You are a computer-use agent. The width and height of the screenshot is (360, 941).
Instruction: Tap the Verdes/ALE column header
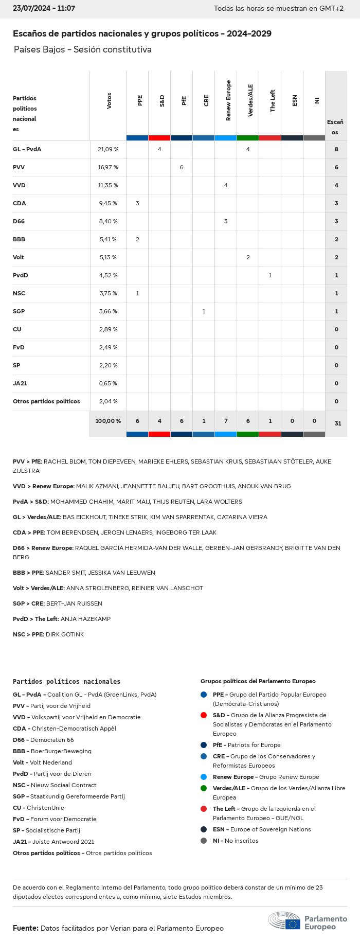[x=250, y=101]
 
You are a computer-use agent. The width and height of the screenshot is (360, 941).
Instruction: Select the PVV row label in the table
[x=19, y=167]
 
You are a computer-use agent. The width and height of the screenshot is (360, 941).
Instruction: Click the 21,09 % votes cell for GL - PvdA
[x=108, y=149]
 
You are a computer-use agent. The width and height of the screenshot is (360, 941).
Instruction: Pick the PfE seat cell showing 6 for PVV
[x=182, y=167]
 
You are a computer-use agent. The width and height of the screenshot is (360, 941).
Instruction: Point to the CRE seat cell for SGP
[x=204, y=311]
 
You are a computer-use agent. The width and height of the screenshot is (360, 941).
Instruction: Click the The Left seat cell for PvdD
[x=270, y=275]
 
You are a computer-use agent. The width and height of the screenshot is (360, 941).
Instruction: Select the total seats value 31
[x=338, y=423]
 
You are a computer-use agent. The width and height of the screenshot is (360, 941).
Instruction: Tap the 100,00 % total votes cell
[x=108, y=421]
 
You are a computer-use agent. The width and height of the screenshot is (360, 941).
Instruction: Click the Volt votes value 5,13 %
[x=108, y=257]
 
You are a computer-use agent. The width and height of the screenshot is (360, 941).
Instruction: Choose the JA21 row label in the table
[x=20, y=383]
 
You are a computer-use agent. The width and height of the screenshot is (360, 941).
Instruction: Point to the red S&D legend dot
[x=204, y=715]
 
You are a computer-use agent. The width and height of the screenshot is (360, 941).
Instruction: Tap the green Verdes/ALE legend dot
[x=204, y=788]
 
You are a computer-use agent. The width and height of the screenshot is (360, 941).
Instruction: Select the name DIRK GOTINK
[x=65, y=634]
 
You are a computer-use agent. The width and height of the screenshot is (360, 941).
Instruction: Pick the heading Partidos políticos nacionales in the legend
[x=66, y=681]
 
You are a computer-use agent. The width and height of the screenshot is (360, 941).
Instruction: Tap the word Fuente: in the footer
[x=26, y=928]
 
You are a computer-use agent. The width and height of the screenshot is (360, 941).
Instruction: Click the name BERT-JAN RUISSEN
[x=74, y=603]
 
